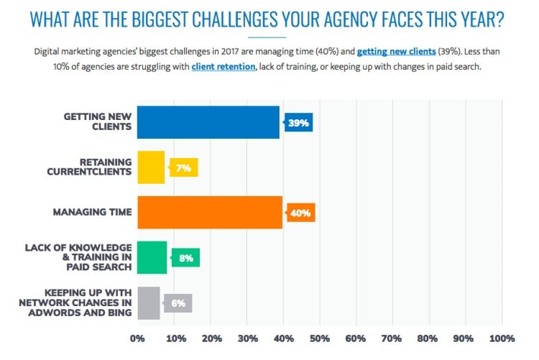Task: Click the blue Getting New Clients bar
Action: pos(208,122)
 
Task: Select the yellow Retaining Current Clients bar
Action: pos(151,167)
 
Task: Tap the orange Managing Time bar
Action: pos(209,212)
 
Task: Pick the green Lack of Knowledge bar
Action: pos(152,257)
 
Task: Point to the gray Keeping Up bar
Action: pos(148,303)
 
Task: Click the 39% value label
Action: pos(299,123)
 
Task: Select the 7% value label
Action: pos(183,167)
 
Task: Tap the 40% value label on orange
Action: pos(301,213)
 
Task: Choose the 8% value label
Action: pos(185,257)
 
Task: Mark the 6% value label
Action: pos(178,303)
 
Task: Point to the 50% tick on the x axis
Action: pos(319,338)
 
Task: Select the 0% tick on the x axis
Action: pos(137,338)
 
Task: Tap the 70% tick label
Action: pos(392,338)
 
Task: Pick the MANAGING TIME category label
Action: pos(93,213)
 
